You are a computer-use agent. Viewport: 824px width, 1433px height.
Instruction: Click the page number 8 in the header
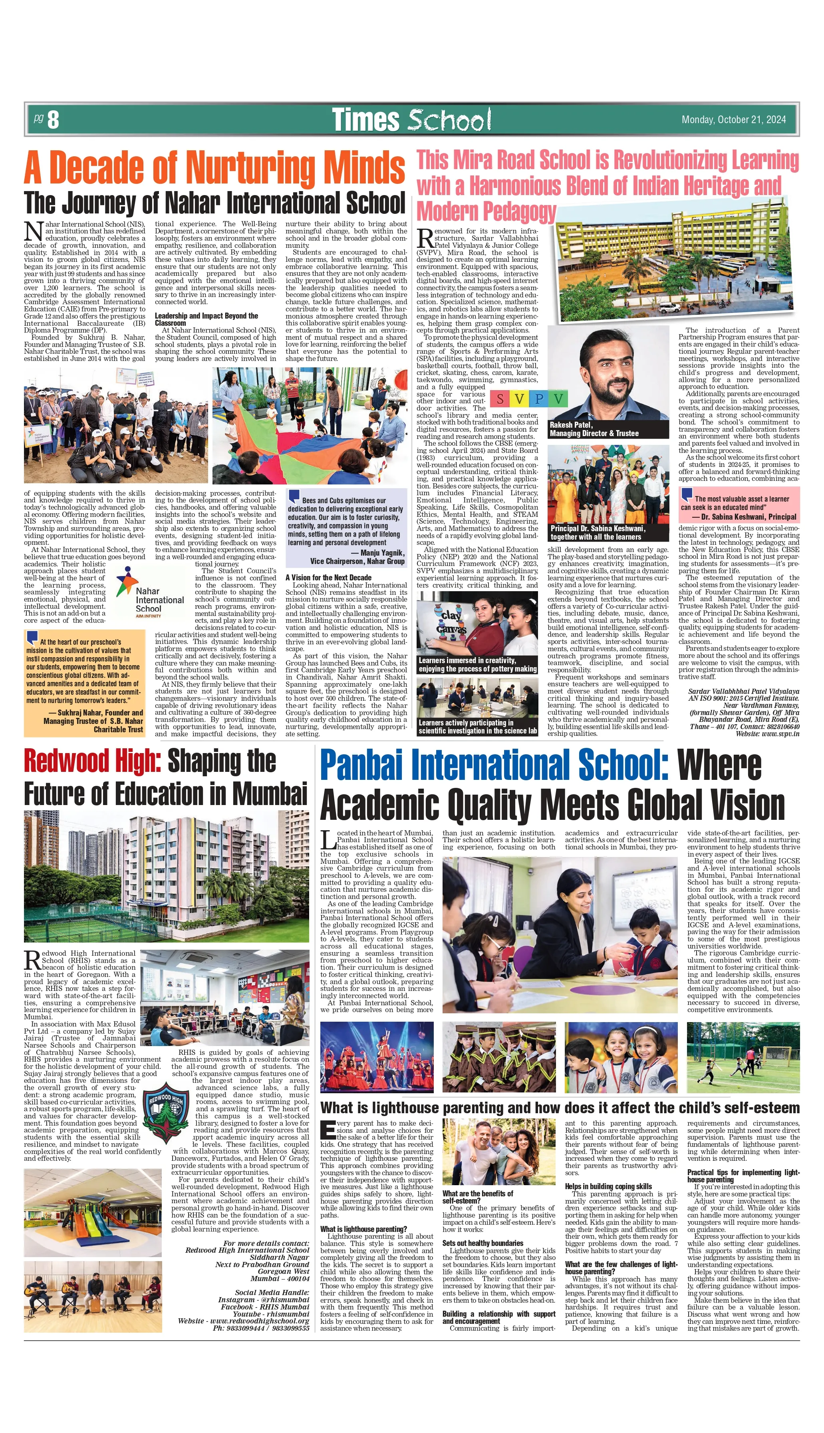pos(53,120)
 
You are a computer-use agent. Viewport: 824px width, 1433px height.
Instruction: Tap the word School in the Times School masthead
pos(449,120)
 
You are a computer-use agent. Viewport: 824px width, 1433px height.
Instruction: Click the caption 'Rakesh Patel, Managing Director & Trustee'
pos(594,429)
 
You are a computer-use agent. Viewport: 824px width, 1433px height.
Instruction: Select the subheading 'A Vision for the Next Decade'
pos(328,578)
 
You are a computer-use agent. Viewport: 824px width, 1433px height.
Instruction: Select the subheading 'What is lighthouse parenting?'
pos(363,1229)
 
